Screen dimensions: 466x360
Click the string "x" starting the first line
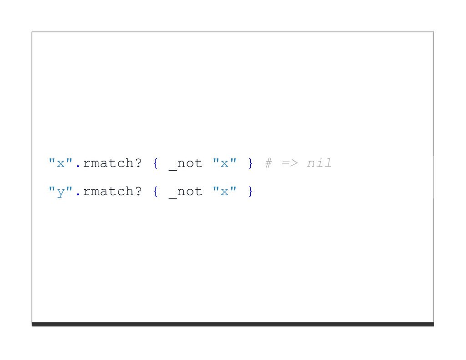point(60,163)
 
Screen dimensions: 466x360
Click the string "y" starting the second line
point(60,192)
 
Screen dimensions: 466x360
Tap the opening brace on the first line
point(156,163)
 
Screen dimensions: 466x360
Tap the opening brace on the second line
point(156,192)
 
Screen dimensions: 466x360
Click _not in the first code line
point(185,163)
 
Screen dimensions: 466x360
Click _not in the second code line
point(185,192)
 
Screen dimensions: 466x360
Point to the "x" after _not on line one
point(225,163)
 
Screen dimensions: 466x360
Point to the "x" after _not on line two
point(225,192)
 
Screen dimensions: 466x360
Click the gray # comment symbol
point(268,163)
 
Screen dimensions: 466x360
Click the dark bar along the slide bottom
point(233,324)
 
